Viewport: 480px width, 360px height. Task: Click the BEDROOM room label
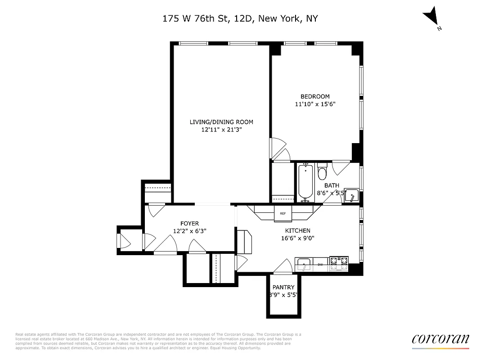tap(315, 96)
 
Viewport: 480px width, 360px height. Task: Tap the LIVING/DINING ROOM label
tap(221, 122)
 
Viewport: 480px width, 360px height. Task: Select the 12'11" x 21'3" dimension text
tap(221, 130)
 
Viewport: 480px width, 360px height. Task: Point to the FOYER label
tap(189, 223)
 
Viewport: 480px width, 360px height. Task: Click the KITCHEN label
tap(297, 230)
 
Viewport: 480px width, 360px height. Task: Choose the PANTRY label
tap(283, 288)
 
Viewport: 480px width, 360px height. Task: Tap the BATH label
tap(332, 185)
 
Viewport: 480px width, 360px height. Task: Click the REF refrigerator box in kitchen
tap(283, 213)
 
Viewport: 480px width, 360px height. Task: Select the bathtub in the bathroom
tap(305, 182)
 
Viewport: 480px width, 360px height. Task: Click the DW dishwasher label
tap(321, 265)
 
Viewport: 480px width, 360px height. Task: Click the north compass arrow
tap(433, 18)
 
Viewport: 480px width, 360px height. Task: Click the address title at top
tap(240, 18)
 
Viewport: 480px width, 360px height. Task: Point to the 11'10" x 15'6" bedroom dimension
tap(315, 104)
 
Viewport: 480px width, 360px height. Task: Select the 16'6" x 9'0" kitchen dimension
tap(297, 238)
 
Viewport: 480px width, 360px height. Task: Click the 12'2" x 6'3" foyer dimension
tap(189, 231)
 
